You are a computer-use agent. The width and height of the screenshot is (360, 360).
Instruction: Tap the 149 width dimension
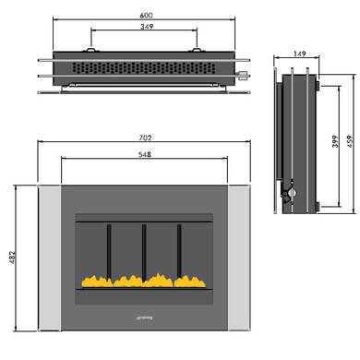click(297, 54)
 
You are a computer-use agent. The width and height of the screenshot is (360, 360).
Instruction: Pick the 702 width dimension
click(143, 138)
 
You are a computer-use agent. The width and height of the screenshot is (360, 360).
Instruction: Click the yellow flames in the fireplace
click(143, 278)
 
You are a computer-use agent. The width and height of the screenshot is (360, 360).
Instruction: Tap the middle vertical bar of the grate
click(143, 249)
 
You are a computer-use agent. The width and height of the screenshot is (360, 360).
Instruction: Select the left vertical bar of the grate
click(108, 249)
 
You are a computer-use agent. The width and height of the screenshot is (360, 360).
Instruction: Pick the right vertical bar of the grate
click(179, 249)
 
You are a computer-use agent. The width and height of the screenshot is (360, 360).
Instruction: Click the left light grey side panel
click(49, 258)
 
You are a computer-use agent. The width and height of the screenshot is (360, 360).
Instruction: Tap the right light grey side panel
click(238, 258)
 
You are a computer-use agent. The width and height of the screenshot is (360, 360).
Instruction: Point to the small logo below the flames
click(143, 316)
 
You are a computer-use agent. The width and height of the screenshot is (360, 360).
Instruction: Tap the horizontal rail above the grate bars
click(143, 222)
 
